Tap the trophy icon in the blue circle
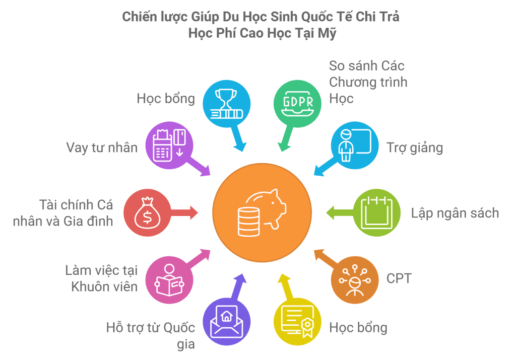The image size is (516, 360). tap(226, 103)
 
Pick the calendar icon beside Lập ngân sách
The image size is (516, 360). tap(376, 212)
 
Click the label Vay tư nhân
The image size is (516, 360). tap(101, 148)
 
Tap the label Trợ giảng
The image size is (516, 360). tap(415, 148)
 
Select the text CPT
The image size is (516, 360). tap(399, 278)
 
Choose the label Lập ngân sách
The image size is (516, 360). tap(455, 213)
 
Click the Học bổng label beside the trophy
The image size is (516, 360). tap(165, 98)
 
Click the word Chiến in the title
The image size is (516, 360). tap(138, 17)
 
